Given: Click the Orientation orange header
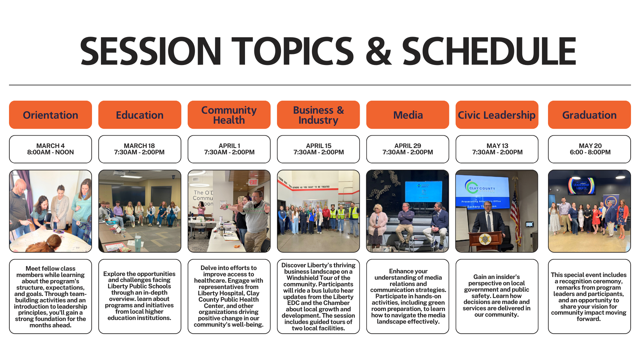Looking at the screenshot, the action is pos(50,115).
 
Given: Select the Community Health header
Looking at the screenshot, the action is pos(229,115).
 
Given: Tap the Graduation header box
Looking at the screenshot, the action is pos(589,115).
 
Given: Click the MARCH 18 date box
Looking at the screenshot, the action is pos(140,149).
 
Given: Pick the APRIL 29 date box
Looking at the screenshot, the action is pos(408,149).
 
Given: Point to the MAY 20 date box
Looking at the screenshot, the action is pos(589,149).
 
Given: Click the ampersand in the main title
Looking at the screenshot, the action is pos(378,51).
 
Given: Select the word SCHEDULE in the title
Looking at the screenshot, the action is pos(489,51).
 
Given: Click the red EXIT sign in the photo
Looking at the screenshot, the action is pos(253,182).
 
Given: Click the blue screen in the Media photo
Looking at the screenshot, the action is pos(424,191).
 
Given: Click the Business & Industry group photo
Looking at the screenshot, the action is pos(318,211).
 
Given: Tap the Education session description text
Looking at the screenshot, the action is pos(139,296).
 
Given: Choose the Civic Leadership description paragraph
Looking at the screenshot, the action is pos(497,296).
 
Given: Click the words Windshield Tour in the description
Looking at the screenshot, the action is pos(318,278).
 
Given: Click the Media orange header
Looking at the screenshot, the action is pos(408,115).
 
